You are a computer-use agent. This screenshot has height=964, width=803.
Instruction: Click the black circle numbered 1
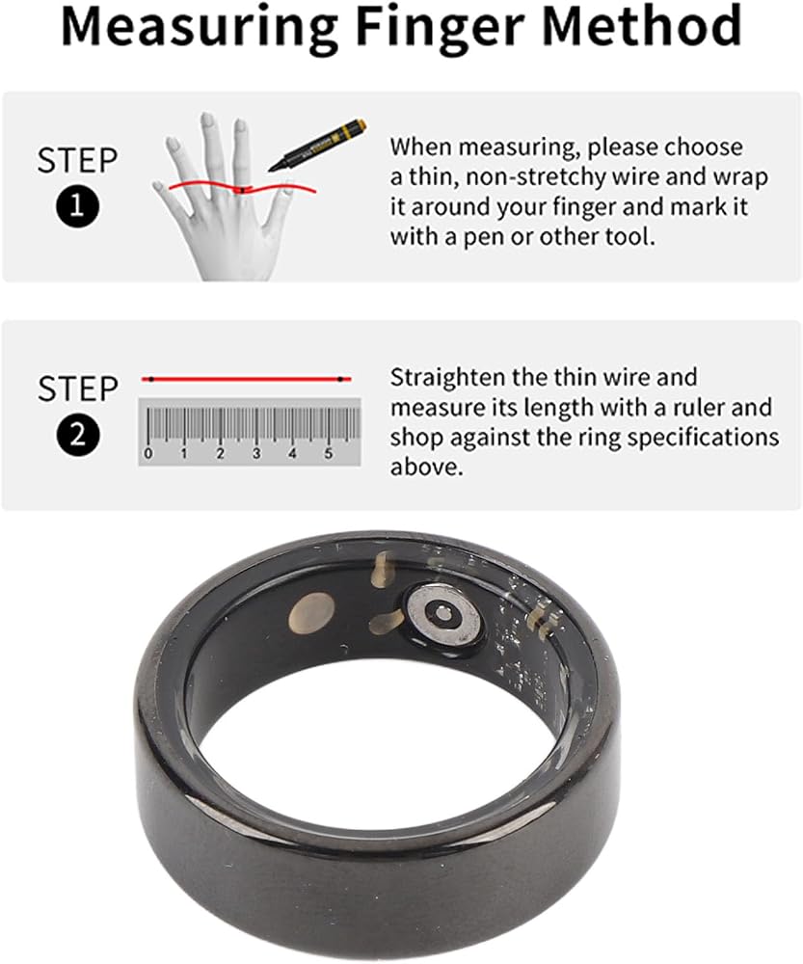pyautogui.click(x=77, y=206)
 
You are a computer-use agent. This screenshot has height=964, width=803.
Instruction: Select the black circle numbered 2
pyautogui.click(x=78, y=435)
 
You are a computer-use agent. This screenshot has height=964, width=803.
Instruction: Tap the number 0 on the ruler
pyautogui.click(x=147, y=454)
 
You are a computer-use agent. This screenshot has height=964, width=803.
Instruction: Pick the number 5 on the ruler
pyautogui.click(x=329, y=453)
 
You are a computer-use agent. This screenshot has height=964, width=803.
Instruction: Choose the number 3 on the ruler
pyautogui.click(x=256, y=453)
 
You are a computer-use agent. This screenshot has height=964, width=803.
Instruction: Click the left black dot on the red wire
pyautogui.click(x=151, y=379)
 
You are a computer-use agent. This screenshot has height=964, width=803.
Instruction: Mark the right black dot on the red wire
pyautogui.click(x=340, y=379)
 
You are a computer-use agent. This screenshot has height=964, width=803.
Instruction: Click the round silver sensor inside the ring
pyautogui.click(x=442, y=614)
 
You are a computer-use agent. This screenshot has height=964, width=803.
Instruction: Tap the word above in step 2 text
pyautogui.click(x=425, y=467)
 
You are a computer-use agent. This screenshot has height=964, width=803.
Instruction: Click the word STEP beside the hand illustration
pyautogui.click(x=77, y=160)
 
